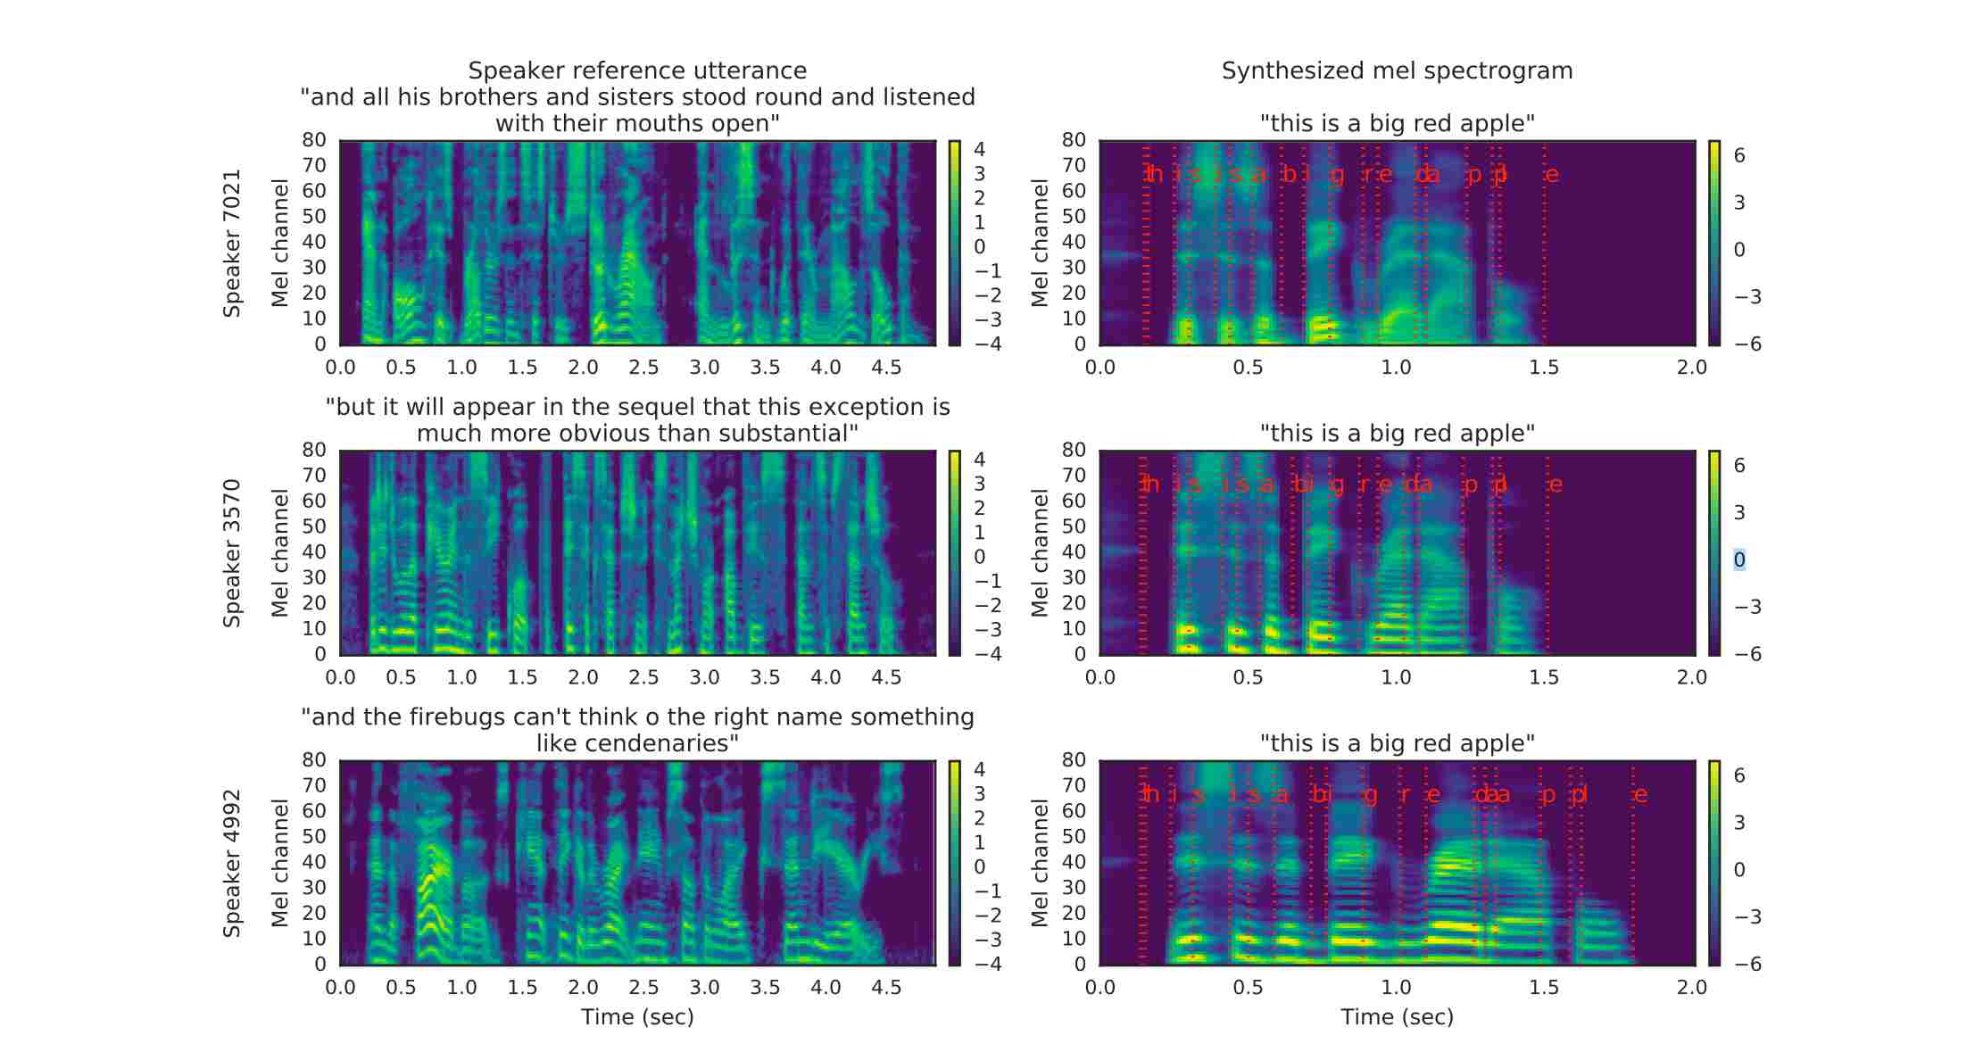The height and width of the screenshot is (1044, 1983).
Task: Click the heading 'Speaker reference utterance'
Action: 637,70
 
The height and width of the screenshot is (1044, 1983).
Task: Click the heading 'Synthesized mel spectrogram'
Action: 1397,70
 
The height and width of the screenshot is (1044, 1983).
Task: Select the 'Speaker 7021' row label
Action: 232,243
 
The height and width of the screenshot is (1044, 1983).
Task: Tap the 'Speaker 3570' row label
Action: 232,553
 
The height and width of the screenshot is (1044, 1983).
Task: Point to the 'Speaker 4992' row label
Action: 232,863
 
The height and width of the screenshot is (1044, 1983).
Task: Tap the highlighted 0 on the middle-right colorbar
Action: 1739,560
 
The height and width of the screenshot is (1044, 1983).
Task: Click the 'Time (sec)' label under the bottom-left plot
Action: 637,1017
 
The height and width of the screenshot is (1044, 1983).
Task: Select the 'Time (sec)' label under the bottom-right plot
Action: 1397,1017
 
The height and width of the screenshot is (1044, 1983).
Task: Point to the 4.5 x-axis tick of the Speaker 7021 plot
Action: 886,368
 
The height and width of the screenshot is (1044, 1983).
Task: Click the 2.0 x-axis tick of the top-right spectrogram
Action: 1692,368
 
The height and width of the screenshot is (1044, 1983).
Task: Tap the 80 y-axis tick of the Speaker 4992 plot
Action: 314,760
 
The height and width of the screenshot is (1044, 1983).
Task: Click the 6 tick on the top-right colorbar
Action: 1739,156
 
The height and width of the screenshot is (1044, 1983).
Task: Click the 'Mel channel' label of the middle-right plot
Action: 1040,553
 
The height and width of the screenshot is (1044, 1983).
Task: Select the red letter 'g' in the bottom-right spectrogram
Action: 1371,795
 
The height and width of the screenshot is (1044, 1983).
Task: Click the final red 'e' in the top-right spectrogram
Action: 1552,175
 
